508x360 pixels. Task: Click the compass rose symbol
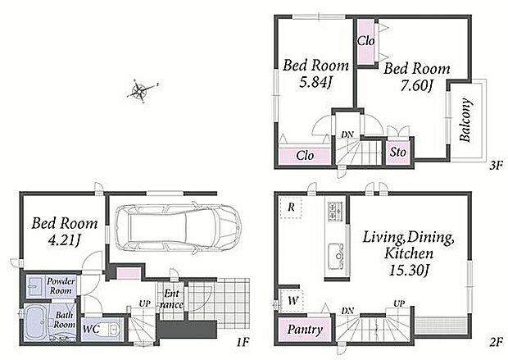[x=139, y=91]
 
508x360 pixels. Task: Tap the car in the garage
[x=177, y=227]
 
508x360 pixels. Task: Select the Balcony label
[x=466, y=121]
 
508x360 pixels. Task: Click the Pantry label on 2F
[x=305, y=330]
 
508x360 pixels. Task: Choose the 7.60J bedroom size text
[x=416, y=85]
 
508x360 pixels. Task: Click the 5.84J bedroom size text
[x=315, y=82]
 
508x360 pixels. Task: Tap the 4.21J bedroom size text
[x=64, y=240]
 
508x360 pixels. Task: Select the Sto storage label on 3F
[x=398, y=152]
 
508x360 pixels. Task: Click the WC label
[x=91, y=329]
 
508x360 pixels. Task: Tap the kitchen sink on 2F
[x=337, y=257]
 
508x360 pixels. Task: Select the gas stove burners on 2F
[x=336, y=212]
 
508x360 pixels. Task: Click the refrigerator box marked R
[x=291, y=207]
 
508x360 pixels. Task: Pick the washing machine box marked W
[x=293, y=300]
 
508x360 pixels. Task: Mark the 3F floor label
[x=495, y=166]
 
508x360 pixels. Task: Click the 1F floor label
[x=243, y=342]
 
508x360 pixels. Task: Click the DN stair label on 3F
[x=347, y=134]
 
